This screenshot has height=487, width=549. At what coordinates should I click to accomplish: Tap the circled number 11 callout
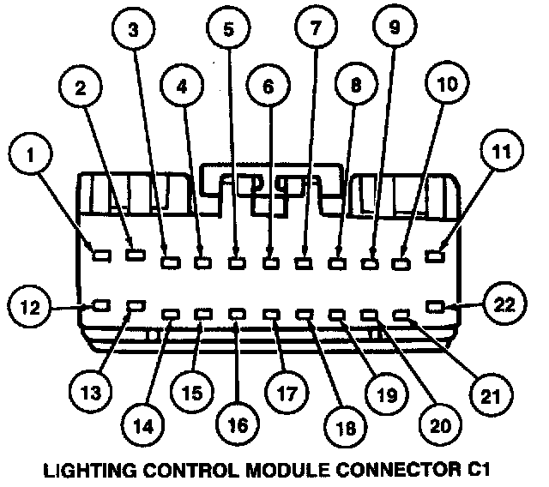tap(500, 155)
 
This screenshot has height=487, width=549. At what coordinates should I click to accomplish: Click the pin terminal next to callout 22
tap(438, 305)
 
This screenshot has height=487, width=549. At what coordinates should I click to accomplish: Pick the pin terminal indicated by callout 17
tap(272, 316)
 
